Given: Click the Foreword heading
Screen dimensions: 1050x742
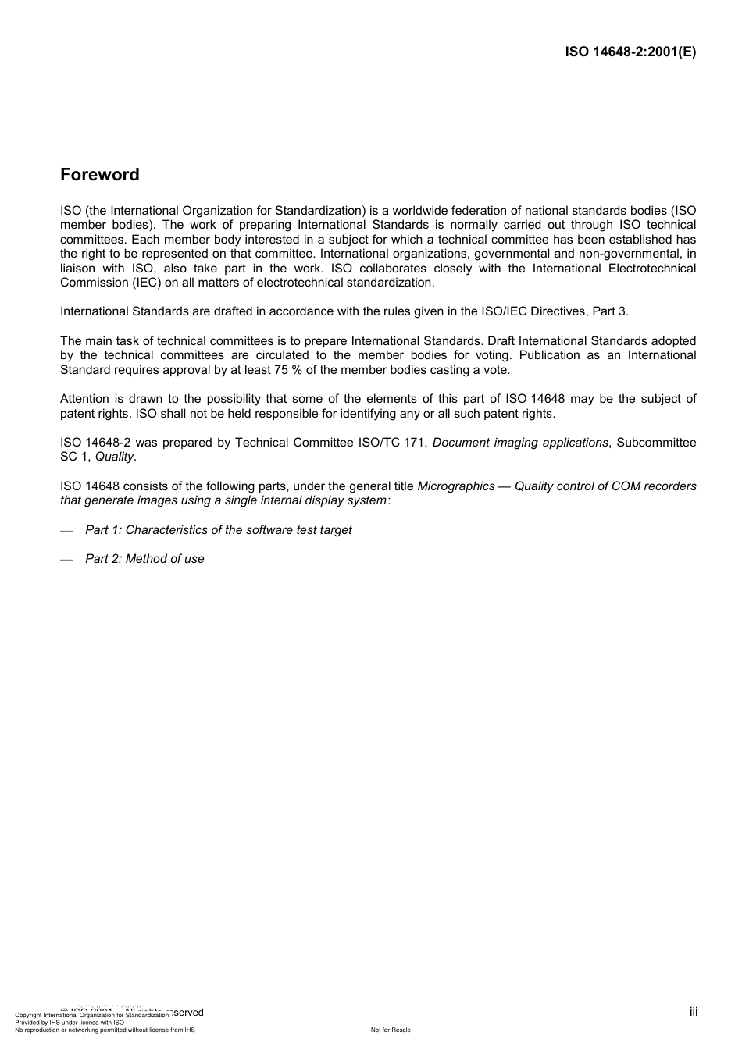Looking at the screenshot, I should click(100, 175).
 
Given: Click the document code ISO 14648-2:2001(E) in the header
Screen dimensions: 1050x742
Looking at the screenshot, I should click(630, 52).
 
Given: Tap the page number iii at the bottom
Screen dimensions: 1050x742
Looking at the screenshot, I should click(694, 1012).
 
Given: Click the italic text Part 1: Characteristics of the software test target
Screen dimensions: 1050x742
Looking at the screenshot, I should click(219, 530).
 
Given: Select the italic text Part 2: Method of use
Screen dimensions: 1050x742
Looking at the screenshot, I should click(144, 559).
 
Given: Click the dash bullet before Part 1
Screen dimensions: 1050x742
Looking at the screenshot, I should click(66, 531).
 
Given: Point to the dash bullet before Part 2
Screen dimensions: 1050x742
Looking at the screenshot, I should click(66, 560).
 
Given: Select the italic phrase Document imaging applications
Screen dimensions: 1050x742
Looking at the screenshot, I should click(520, 443).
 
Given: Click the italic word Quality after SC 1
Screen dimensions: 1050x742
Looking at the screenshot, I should click(114, 457).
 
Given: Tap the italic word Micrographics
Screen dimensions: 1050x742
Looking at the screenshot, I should click(456, 486).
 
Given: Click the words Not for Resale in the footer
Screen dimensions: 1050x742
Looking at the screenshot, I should click(391, 1030).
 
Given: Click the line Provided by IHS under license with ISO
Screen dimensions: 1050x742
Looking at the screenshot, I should click(70, 1023).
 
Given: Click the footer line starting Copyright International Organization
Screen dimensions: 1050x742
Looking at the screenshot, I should click(91, 1016).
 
